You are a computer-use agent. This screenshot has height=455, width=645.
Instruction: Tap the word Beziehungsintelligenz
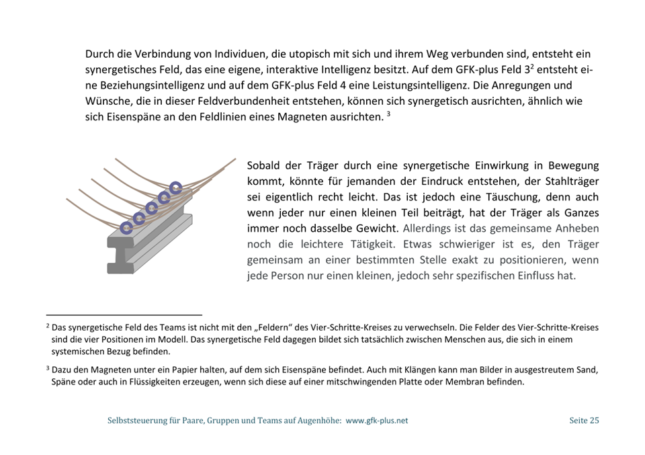[143, 85]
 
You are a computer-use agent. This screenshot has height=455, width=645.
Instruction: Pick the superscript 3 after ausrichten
[388, 114]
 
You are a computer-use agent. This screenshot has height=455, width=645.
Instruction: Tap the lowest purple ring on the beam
[126, 228]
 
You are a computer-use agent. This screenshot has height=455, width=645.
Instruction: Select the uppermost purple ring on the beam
[175, 188]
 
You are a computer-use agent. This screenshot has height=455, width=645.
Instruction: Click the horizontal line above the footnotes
[124, 314]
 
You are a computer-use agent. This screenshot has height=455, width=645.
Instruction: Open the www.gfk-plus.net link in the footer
[376, 421]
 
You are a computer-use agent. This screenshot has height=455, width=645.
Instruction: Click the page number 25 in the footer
[594, 421]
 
